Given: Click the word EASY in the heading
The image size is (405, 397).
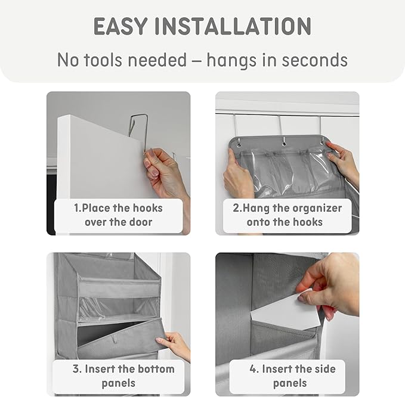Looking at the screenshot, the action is click(120, 26).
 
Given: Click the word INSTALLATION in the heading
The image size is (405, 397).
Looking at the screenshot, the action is click(233, 26).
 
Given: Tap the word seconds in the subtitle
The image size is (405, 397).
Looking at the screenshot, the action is click(314, 60).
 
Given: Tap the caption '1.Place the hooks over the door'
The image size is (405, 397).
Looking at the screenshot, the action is click(119, 215).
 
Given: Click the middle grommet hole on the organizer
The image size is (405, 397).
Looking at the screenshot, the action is click(284, 142).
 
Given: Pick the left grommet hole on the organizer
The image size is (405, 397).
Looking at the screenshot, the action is click(239, 144).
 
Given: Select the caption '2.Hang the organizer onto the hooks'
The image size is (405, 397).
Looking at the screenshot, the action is click(287, 215).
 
